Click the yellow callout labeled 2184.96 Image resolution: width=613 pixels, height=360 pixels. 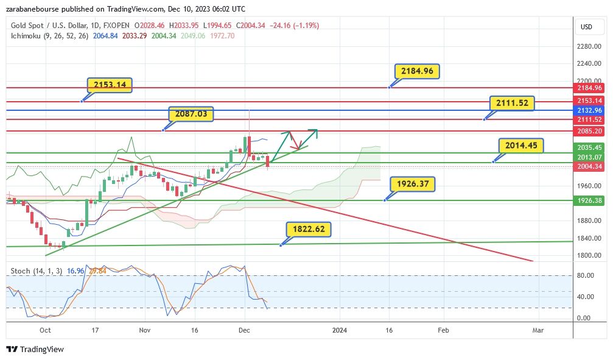click(417, 71)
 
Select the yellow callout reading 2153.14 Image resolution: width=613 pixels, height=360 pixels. click(110, 85)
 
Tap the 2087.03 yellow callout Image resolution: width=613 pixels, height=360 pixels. click(191, 114)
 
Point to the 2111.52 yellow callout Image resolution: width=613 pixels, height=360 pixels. click(511, 103)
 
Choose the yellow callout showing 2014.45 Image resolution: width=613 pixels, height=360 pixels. click(521, 146)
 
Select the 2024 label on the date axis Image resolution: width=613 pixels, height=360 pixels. click(340, 330)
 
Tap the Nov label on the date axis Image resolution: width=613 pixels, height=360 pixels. click(144, 330)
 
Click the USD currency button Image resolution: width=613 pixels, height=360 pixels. click(587, 27)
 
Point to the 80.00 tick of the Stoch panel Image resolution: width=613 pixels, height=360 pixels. click(586, 275)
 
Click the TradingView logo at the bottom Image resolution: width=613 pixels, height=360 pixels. click(35, 350)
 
